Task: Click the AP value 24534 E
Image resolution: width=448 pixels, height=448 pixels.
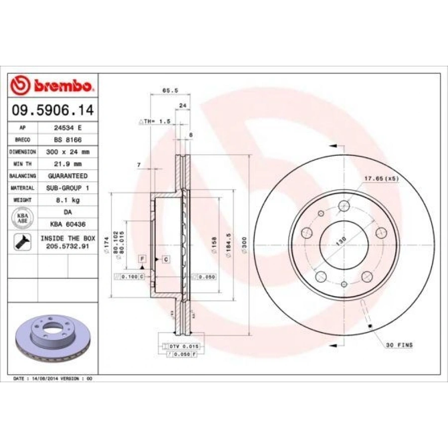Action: click(68, 127)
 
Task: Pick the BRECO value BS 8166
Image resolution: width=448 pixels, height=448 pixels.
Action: click(68, 140)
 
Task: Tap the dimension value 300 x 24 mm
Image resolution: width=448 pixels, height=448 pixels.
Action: click(68, 152)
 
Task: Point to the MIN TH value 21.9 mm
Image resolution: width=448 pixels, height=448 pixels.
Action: click(68, 164)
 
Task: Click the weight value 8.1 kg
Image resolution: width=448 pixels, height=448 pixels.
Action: click(68, 200)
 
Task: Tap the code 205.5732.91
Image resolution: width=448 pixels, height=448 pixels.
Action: click(68, 246)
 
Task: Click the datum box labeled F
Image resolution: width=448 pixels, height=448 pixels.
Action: click(142, 259)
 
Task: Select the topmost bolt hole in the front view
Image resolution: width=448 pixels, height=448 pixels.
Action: click(343, 206)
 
